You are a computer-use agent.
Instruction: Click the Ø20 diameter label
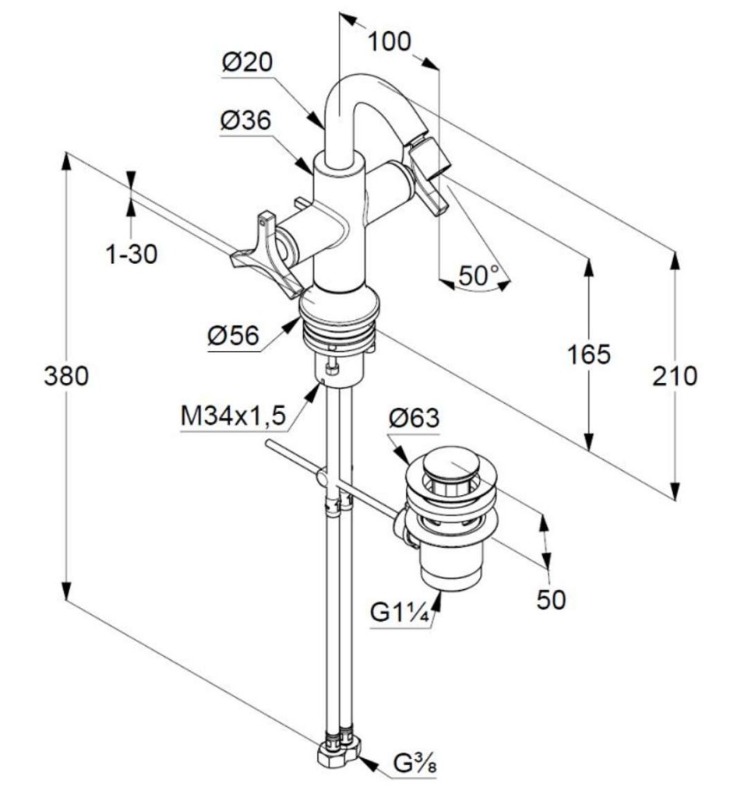point(247,63)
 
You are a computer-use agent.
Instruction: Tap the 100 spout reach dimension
point(389,41)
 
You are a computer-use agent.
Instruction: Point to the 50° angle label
point(478,275)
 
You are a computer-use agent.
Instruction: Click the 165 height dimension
point(588,354)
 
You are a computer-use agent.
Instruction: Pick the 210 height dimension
point(675,377)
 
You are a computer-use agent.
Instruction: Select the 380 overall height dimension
point(66,377)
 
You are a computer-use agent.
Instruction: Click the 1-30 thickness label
point(131,253)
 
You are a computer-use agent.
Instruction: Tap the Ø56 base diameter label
point(233,336)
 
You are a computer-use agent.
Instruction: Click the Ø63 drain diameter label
point(414,419)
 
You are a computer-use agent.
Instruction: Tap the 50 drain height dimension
point(551,599)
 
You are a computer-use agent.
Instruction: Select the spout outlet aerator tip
point(433,156)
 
